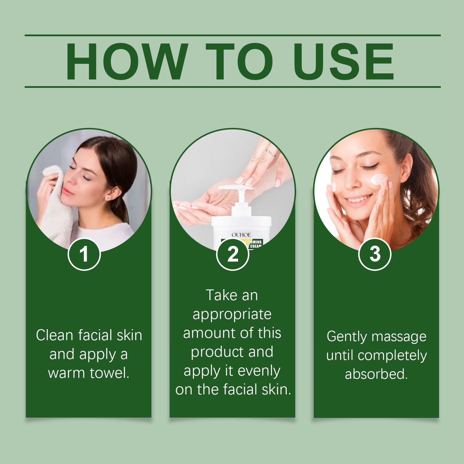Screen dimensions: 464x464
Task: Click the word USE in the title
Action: coord(344,61)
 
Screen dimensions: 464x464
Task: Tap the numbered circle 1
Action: coord(84,254)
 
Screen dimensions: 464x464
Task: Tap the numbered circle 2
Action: coord(233,254)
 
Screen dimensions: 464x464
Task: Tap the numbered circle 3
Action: coord(375,254)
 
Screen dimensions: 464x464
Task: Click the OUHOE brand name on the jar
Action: coord(241,235)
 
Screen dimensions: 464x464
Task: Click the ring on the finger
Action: coord(271,152)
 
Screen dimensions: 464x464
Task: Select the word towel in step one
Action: coord(109,373)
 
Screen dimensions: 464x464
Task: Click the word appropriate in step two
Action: coord(232,314)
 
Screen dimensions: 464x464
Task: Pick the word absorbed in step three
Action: coord(376,374)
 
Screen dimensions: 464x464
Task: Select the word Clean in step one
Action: coord(54,336)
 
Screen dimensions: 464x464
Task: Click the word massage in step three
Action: coord(399,337)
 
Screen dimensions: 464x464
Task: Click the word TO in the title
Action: coord(239,61)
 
